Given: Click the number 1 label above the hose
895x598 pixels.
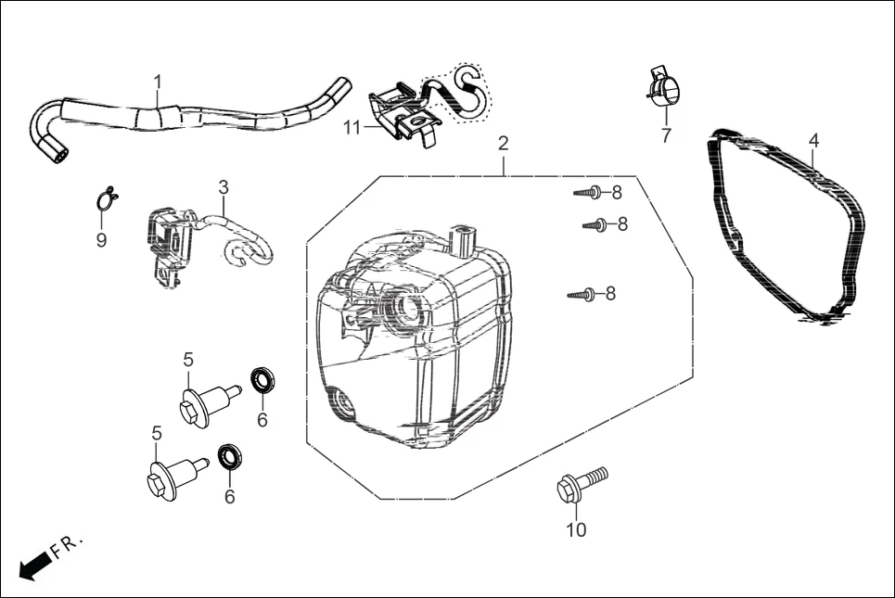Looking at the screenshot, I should point(158,82).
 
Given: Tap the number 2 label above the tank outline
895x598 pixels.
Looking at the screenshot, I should point(503,144).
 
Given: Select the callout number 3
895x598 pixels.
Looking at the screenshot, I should point(224,187).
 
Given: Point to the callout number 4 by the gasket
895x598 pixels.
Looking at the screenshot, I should point(813,140).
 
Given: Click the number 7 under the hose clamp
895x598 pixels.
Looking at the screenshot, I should point(666,135).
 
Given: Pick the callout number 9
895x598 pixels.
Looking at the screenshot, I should point(102,240).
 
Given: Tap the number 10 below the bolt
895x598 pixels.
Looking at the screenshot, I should point(576,530).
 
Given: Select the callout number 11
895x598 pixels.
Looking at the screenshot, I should point(352,128).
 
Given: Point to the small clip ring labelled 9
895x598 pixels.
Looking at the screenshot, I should point(107,197).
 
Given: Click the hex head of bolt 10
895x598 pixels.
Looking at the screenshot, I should point(569,490).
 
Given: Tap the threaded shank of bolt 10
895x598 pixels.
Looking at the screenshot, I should point(595,475).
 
